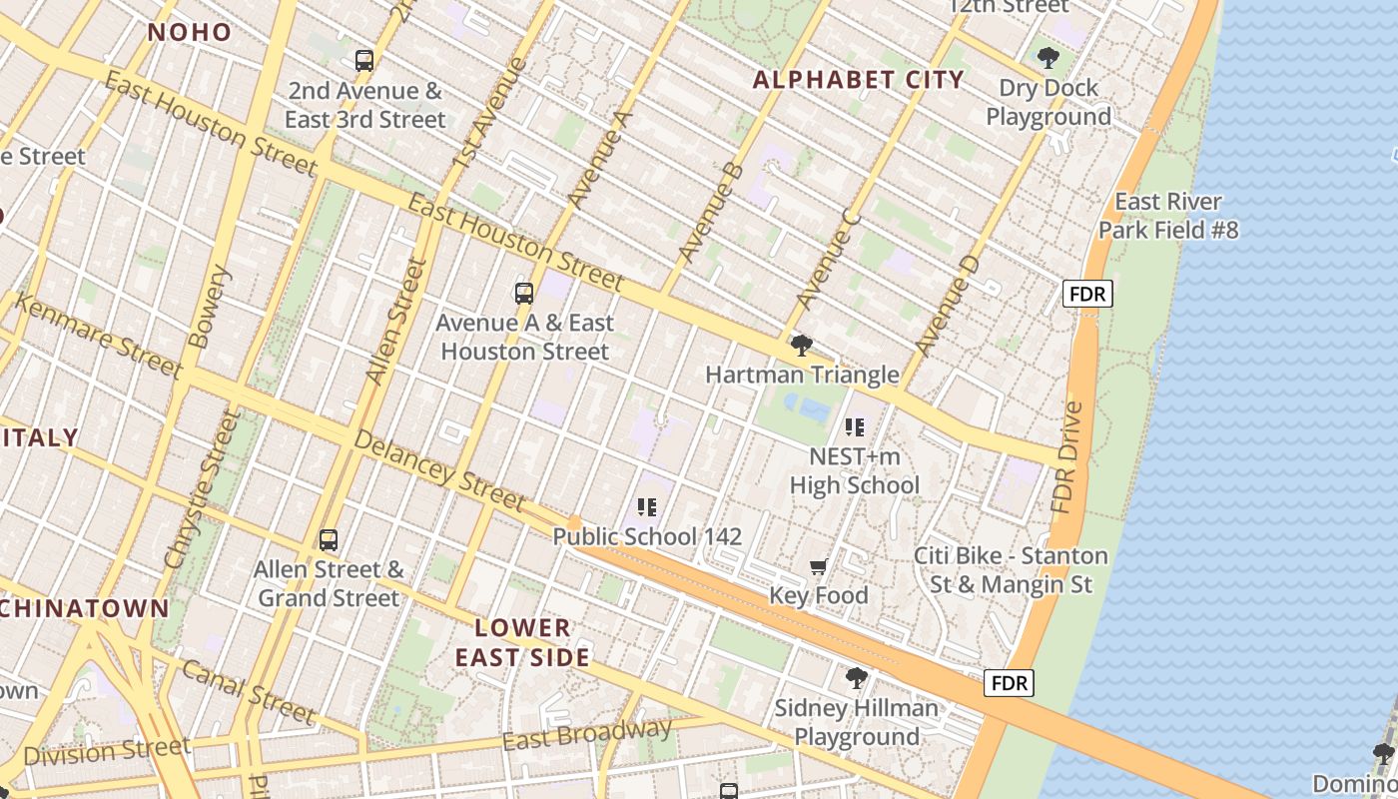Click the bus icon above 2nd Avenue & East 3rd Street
tap(364, 61)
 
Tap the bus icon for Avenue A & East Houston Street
tap(524, 294)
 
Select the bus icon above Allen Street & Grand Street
tap(329, 540)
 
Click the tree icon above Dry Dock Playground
tap(1048, 58)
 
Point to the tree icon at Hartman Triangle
tap(801, 347)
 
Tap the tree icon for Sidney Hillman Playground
tap(856, 679)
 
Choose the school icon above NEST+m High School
tap(854, 428)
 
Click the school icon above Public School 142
tap(647, 507)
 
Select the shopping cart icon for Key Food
tap(819, 567)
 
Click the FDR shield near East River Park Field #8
tap(1087, 294)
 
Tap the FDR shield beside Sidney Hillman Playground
tap(1009, 683)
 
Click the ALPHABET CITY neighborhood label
tap(858, 80)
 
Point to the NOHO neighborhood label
tap(190, 32)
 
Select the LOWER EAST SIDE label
tap(522, 642)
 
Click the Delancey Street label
tap(439, 472)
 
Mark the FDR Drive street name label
tap(1066, 457)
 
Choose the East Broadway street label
tap(586, 734)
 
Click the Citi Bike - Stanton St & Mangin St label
tap(1011, 569)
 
